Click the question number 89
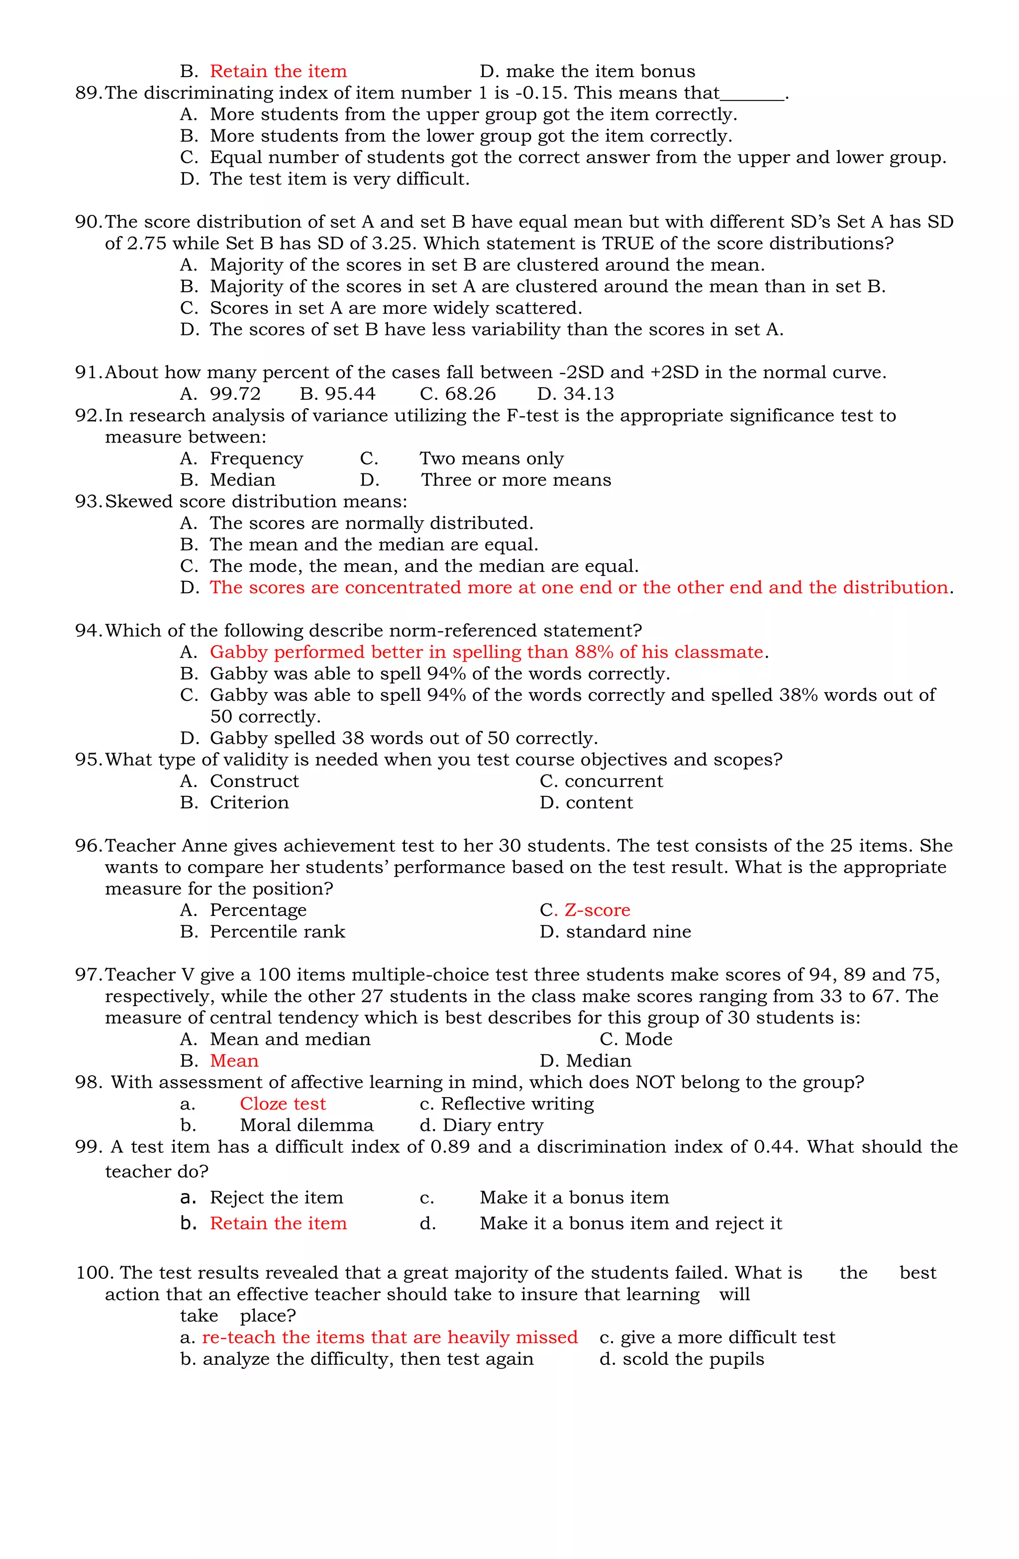pyautogui.click(x=89, y=93)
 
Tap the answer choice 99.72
pyautogui.click(x=235, y=394)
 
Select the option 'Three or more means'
pyautogui.click(x=515, y=480)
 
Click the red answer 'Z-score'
pyautogui.click(x=597, y=910)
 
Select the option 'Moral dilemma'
pyautogui.click(x=306, y=1125)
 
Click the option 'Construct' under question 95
pyautogui.click(x=254, y=781)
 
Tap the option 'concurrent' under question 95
pyautogui.click(x=613, y=781)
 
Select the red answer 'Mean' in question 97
pyautogui.click(x=234, y=1061)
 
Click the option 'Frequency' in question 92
pyautogui.click(x=256, y=458)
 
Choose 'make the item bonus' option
pyautogui.click(x=600, y=71)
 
